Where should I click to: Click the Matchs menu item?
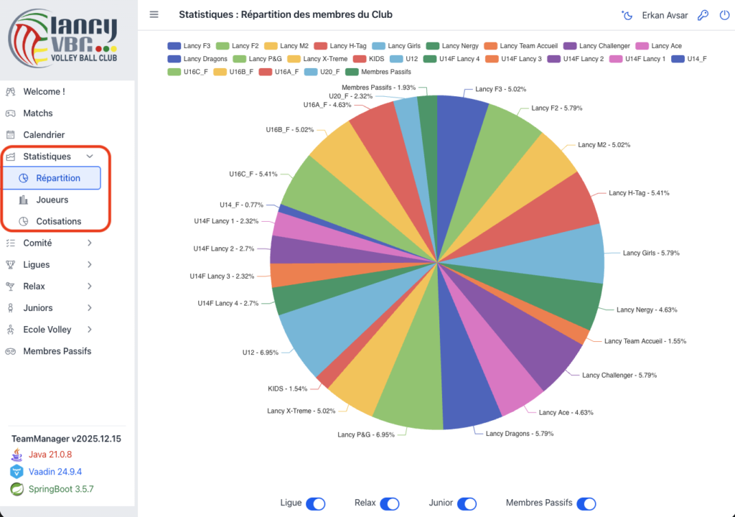click(x=38, y=113)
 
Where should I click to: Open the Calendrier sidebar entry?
click(x=44, y=135)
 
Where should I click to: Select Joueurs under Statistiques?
click(x=52, y=200)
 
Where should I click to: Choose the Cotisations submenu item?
click(x=59, y=221)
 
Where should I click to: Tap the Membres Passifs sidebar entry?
click(x=57, y=351)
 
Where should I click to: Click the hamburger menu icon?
click(x=154, y=14)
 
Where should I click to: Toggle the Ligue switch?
click(x=316, y=504)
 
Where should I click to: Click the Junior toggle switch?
click(x=467, y=504)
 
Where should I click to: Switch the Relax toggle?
click(x=389, y=504)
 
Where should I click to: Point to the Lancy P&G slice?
click(x=402, y=395)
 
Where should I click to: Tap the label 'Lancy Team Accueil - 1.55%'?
click(x=645, y=341)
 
